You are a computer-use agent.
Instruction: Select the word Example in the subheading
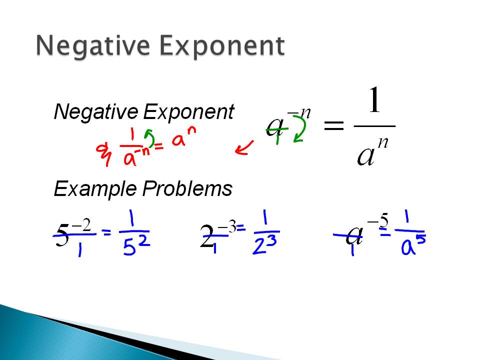click(x=95, y=189)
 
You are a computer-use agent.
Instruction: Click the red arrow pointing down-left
click(x=244, y=148)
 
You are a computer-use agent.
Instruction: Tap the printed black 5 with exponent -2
click(x=62, y=236)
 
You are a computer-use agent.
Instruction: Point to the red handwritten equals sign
click(x=159, y=146)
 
